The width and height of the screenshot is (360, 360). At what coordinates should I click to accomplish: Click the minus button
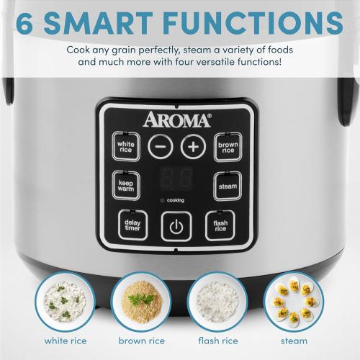point(159,146)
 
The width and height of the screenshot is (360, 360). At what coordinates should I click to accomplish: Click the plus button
point(192,146)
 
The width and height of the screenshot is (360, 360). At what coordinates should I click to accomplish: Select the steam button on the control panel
point(225,186)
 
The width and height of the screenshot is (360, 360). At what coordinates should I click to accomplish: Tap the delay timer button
point(132,227)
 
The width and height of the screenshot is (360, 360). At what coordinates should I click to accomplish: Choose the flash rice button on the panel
point(220,227)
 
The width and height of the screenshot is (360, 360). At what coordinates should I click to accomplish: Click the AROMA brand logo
point(177,119)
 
